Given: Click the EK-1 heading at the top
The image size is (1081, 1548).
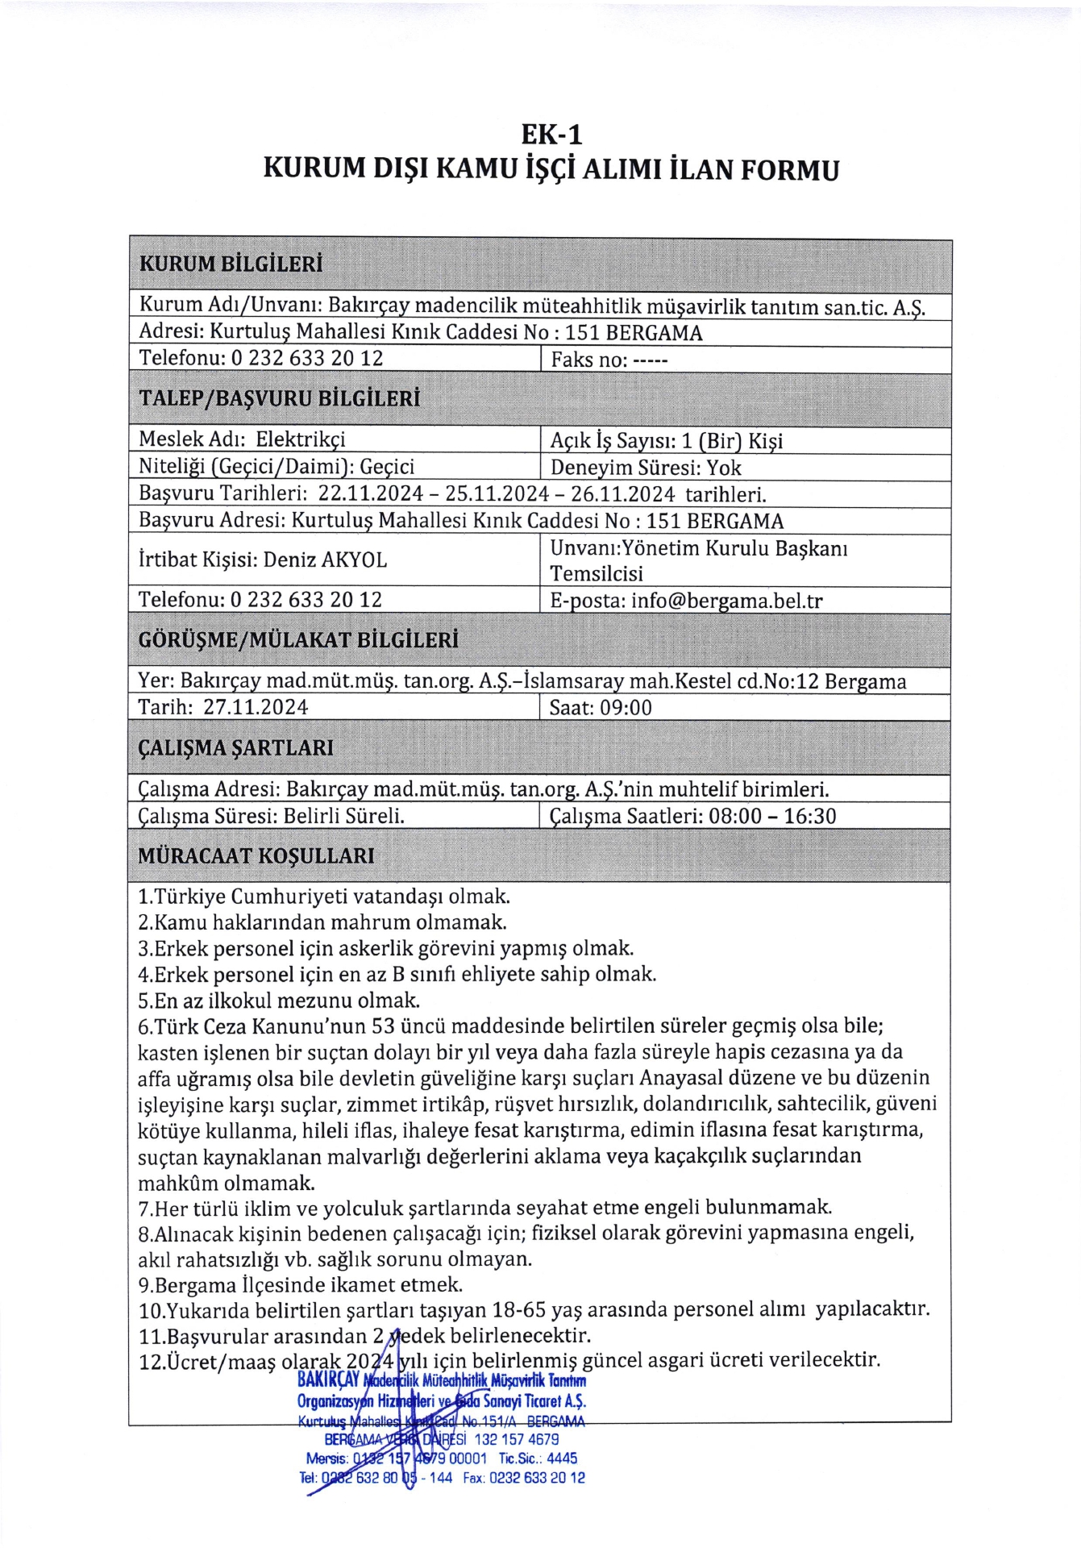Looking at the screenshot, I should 551,134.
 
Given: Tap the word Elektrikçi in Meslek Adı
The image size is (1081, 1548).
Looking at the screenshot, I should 301,439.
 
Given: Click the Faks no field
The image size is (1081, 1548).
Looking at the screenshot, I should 609,360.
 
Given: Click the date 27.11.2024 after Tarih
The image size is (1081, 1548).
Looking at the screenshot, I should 256,707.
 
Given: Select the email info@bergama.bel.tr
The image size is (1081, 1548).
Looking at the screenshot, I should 726,601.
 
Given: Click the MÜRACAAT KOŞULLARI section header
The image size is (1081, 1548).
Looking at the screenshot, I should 256,855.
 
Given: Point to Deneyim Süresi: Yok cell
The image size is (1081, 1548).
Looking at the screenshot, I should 646,468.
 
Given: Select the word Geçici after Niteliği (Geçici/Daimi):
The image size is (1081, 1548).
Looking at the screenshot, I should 387,467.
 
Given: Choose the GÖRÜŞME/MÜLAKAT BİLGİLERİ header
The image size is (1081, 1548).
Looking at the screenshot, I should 298,640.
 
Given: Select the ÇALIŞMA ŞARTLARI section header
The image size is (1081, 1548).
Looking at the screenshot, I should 235,747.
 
